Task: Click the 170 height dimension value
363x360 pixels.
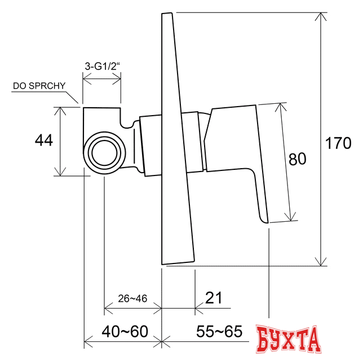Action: pyautogui.click(x=339, y=143)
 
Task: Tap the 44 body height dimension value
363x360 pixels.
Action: pyautogui.click(x=44, y=141)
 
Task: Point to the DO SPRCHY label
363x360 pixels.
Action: pyautogui.click(x=39, y=86)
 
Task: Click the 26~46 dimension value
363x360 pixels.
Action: pyautogui.click(x=132, y=298)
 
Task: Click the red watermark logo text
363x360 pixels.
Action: pyautogui.click(x=287, y=339)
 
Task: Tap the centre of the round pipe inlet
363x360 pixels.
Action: pyautogui.click(x=103, y=152)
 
